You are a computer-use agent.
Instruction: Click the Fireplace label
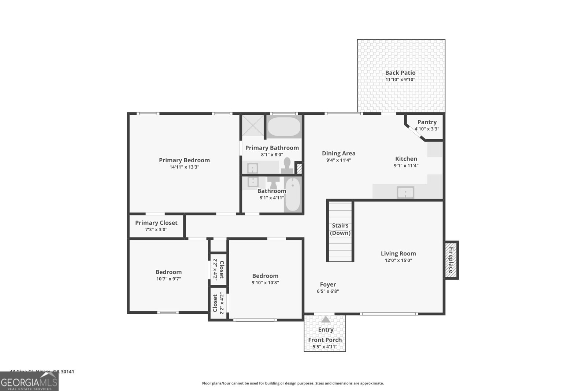(x=451, y=260)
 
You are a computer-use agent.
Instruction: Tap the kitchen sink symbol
(x=405, y=192)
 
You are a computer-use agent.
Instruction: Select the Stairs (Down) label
(x=340, y=229)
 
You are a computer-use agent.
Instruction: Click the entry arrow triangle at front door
(x=326, y=320)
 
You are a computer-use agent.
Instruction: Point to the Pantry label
(x=427, y=122)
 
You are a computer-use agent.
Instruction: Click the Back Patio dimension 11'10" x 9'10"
(x=400, y=80)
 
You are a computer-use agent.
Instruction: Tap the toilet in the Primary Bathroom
(x=287, y=165)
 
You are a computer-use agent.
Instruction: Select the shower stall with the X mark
(x=252, y=126)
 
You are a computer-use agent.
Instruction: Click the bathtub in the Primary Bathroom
(x=284, y=127)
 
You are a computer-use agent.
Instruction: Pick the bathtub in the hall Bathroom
(x=292, y=194)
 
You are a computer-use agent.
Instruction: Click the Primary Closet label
(x=156, y=223)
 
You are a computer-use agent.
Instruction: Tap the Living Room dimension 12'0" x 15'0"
(x=398, y=261)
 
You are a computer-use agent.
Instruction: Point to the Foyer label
(x=328, y=284)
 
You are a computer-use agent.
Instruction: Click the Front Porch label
(x=325, y=340)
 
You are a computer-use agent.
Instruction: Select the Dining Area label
(x=339, y=154)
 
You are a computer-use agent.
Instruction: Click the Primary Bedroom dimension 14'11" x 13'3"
(x=184, y=167)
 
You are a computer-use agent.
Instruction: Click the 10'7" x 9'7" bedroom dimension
(x=168, y=279)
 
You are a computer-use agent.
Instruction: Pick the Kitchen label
(x=406, y=159)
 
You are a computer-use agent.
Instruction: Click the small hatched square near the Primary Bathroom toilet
(x=299, y=169)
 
